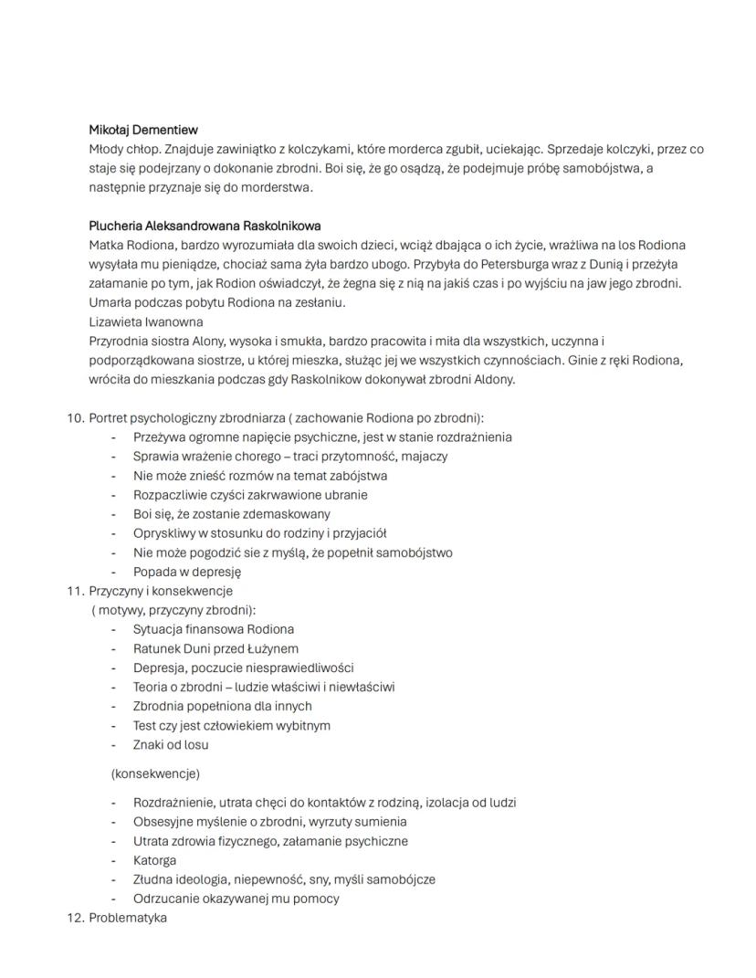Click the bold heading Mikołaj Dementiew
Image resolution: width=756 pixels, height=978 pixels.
tap(143, 130)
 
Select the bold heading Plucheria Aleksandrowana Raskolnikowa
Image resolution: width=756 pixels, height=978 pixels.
tap(205, 226)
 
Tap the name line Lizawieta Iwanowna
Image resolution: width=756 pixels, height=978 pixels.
tap(145, 321)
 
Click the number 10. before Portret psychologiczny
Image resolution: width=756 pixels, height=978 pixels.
tap(75, 418)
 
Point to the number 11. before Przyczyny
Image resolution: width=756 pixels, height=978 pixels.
tap(75, 591)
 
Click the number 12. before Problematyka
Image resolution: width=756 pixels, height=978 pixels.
tap(75, 918)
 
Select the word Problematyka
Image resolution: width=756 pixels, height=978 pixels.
tap(128, 918)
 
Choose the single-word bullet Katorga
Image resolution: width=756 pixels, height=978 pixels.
tap(154, 860)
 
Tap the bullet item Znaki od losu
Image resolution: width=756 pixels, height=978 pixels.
tap(171, 744)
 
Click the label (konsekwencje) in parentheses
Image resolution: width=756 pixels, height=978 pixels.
tap(155, 773)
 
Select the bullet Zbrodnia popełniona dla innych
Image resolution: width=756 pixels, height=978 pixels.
tap(222, 706)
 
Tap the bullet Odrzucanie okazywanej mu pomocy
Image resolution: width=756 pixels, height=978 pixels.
tap(236, 899)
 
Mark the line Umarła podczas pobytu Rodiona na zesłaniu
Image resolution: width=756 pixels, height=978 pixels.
tap(217, 302)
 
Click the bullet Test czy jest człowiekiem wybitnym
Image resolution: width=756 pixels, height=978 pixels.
tap(232, 725)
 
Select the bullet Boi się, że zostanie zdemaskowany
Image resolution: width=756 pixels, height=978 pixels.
tap(232, 514)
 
